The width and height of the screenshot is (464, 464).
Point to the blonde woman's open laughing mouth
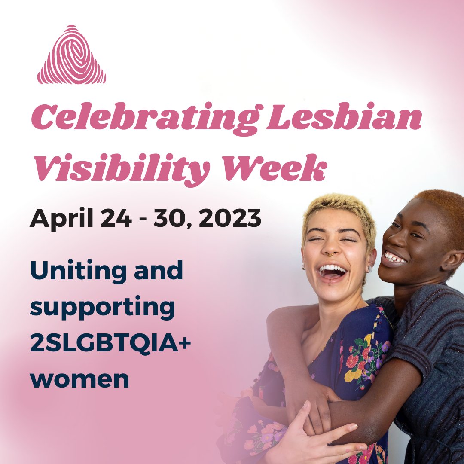pos(332,272)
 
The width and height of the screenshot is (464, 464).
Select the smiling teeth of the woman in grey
pos(394,258)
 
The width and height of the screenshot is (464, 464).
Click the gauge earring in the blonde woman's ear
pos(368,269)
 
